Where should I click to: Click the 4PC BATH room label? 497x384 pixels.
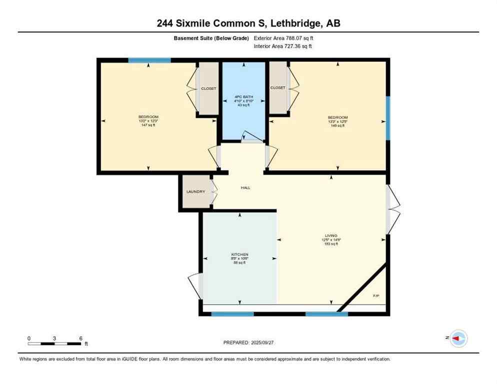pos(244,96)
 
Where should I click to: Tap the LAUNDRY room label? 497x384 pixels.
pos(195,191)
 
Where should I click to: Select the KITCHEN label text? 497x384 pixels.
pos(239,254)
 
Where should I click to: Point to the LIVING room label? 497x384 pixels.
pos(330,235)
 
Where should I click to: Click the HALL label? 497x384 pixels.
pos(245,188)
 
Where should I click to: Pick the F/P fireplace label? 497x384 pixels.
pos(376,296)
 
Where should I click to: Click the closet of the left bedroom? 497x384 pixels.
pos(208,88)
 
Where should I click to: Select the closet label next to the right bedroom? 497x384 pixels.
pos(277,87)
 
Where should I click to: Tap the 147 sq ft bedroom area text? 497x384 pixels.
pos(148,125)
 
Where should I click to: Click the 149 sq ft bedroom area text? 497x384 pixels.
pos(337,125)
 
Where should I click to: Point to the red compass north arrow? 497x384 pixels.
pos(457,338)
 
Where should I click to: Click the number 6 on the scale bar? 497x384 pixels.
pos(80,338)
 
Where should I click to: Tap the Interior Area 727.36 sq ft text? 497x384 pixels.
pos(283,46)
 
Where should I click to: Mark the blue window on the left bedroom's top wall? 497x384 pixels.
pos(149,60)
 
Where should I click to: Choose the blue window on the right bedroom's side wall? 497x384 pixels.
pos(387,118)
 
